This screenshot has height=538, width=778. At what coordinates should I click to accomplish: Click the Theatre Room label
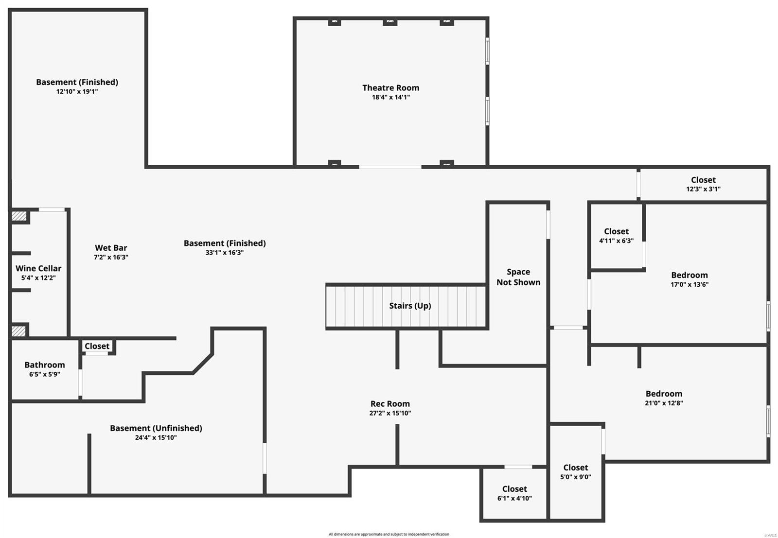[390, 87]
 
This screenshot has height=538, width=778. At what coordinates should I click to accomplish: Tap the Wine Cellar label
[38, 268]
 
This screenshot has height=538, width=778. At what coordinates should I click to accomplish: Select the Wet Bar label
[111, 248]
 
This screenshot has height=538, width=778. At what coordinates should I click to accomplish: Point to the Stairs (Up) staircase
[407, 306]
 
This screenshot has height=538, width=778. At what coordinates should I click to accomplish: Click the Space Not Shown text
[518, 277]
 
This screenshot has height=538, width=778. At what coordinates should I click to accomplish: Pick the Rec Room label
[390, 403]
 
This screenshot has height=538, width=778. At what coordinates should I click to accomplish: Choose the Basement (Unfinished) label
[156, 428]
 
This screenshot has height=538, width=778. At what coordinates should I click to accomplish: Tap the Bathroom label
[45, 365]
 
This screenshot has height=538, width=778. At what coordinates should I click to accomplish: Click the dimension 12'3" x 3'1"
[703, 189]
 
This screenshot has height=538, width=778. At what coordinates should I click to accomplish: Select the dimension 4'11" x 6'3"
[616, 241]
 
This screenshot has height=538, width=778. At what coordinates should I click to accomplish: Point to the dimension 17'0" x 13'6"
[690, 284]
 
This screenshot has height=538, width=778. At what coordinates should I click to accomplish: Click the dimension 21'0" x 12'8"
[664, 403]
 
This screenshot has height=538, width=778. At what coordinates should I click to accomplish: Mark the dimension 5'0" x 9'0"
[576, 477]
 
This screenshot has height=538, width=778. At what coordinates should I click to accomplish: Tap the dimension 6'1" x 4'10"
[514, 498]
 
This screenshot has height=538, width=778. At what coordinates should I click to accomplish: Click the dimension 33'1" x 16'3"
[225, 253]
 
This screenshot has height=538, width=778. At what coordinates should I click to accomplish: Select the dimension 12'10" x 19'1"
[77, 91]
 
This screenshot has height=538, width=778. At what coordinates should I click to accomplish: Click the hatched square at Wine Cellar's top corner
[19, 216]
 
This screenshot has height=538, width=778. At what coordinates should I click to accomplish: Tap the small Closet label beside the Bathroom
[97, 346]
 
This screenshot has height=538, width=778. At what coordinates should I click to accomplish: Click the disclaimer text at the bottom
[389, 534]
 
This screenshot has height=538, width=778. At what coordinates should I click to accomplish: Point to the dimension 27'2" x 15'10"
[390, 413]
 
